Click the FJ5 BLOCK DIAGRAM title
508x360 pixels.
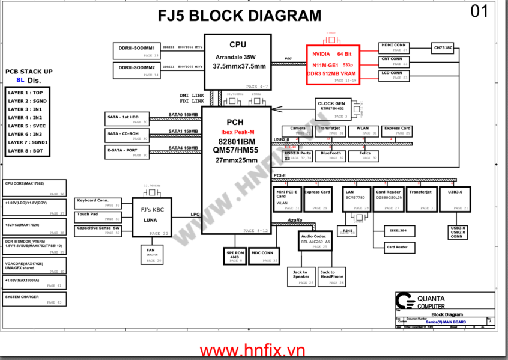pyautogui.click(x=239, y=16)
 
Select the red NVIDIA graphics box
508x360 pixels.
pyautogui.click(x=333, y=64)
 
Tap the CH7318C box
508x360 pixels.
pyautogui.click(x=443, y=47)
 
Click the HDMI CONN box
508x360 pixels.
pyautogui.click(x=394, y=47)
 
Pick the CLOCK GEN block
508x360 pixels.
pyautogui.click(x=332, y=109)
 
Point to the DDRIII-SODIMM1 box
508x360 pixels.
pyautogui.click(x=136, y=50)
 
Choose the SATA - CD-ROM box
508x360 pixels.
pyautogui.click(x=127, y=136)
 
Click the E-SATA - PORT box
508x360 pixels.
pyautogui.click(x=127, y=152)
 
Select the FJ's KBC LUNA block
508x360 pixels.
pyautogui.click(x=151, y=216)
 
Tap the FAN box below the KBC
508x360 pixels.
pyautogui.click(x=151, y=253)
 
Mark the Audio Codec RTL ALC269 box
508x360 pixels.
pyautogui.click(x=315, y=240)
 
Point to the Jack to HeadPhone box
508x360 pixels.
pyautogui.click(x=331, y=276)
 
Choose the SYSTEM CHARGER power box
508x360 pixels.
pyautogui.click(x=34, y=299)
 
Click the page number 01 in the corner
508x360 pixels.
pyautogui.click(x=479, y=12)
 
